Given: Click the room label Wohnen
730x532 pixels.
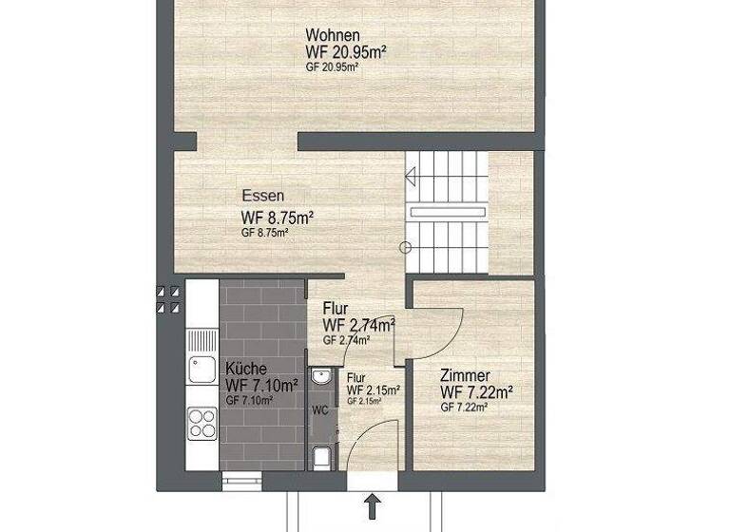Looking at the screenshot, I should tap(333, 36).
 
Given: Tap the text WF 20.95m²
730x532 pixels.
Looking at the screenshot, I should tap(345, 52).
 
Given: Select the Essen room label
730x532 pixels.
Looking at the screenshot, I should tap(263, 197).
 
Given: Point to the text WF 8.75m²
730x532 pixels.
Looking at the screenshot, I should tap(278, 217).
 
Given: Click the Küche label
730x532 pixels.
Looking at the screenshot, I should tap(246, 369).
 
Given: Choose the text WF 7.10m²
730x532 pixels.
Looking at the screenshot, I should tap(261, 385).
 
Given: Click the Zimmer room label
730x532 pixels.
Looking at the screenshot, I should tap(466, 375).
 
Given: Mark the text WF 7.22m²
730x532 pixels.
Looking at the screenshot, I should tap(477, 391).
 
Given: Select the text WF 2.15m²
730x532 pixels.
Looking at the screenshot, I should tap(373, 389).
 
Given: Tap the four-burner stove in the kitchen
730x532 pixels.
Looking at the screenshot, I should tap(202, 421).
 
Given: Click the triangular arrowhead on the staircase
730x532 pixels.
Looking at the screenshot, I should tap(411, 176).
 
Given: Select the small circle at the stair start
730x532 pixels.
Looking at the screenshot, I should tap(405, 248).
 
